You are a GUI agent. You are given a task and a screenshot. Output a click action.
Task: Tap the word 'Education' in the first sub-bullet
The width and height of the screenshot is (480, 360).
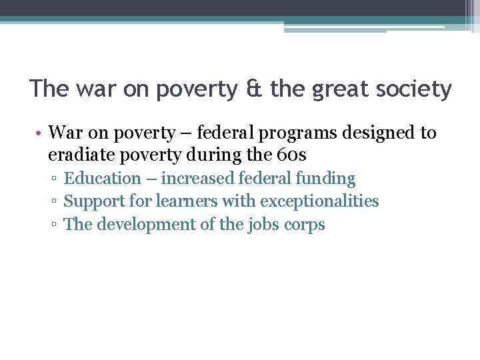103,179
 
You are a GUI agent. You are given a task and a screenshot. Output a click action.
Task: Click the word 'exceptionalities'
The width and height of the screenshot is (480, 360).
319,201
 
